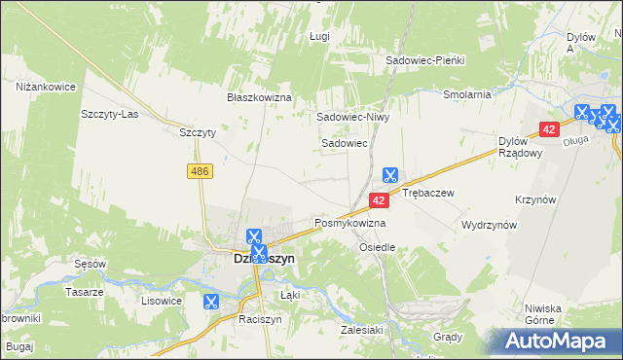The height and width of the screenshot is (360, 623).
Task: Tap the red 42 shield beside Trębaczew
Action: (x=380, y=199)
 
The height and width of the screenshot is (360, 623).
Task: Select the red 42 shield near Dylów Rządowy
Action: (x=549, y=129)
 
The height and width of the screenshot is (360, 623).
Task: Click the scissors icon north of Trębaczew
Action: (x=389, y=175)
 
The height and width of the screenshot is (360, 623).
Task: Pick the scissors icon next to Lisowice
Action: (x=209, y=302)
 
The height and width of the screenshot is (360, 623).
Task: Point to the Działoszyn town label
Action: (x=238, y=260)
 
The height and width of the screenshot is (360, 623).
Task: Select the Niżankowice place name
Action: (x=46, y=87)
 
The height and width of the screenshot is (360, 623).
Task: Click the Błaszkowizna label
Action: (x=260, y=98)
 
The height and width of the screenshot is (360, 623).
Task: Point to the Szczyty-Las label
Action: (x=110, y=113)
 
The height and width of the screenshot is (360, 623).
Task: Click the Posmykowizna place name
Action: (x=349, y=223)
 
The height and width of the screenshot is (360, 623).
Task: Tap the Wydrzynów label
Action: (x=489, y=224)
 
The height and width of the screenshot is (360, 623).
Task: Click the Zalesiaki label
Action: (x=359, y=330)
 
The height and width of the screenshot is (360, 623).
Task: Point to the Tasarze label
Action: (x=84, y=292)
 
